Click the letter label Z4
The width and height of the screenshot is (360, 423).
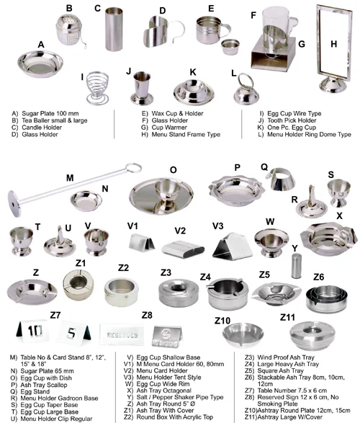click(205, 277)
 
